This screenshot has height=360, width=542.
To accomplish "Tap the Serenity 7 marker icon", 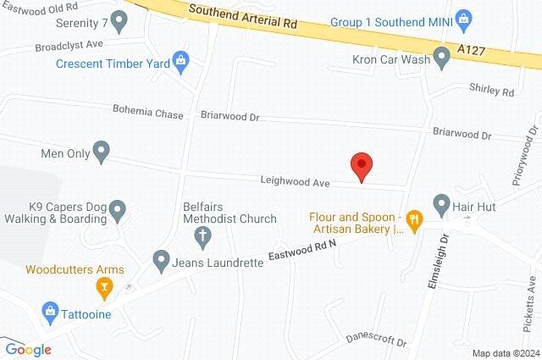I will (119, 19).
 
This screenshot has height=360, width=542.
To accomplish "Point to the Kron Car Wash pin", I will (441, 58).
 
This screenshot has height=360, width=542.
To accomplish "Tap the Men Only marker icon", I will (101, 154).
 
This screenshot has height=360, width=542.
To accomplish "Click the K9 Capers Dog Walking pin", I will (118, 208).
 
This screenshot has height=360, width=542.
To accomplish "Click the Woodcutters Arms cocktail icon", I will (104, 289).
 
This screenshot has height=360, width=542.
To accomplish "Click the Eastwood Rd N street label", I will (302, 249).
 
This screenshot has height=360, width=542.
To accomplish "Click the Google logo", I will (29, 349).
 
